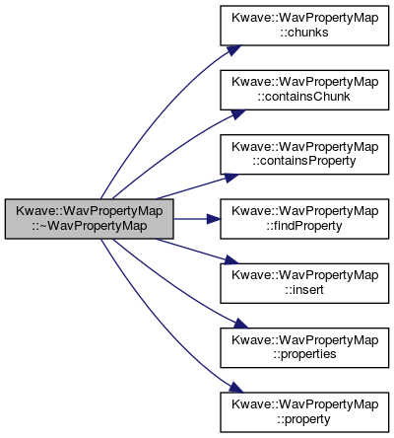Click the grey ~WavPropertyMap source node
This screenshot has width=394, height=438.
coord(89,219)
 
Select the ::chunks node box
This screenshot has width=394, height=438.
coord(304,26)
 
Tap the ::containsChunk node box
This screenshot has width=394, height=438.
coord(304,90)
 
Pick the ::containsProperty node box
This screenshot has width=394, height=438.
coord(304,154)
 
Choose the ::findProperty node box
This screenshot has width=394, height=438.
coord(304,219)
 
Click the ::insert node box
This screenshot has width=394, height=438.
coord(304,283)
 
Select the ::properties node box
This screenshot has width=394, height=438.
coord(304,347)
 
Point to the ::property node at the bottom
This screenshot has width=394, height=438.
coord(304,412)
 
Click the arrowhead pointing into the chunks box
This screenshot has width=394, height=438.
coord(233,50)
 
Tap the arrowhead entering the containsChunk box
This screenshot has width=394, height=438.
coord(237,114)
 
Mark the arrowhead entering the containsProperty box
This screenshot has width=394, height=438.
coord(231,178)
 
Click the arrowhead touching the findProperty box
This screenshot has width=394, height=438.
coord(214,219)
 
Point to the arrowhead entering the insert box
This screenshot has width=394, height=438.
coord(231,259)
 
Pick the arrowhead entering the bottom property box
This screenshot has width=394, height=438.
coord(236,388)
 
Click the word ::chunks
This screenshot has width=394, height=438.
coord(304,33)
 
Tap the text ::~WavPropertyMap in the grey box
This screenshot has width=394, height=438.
coord(89,226)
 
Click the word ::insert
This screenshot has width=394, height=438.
coord(304,290)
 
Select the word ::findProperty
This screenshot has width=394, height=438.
coord(304,226)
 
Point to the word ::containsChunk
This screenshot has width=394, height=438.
coord(304,97)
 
